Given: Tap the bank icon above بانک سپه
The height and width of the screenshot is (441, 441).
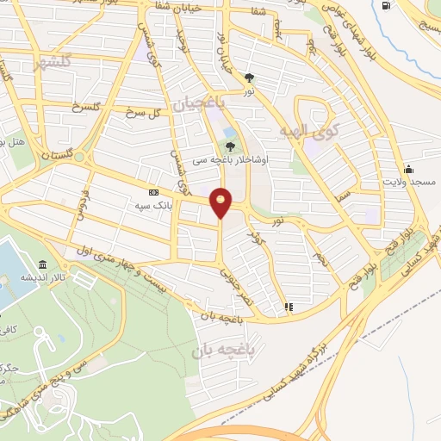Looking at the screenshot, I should click(153, 193).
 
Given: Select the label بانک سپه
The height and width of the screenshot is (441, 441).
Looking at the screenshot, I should click(150, 207).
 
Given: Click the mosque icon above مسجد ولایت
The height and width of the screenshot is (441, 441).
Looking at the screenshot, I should click(408, 169).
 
